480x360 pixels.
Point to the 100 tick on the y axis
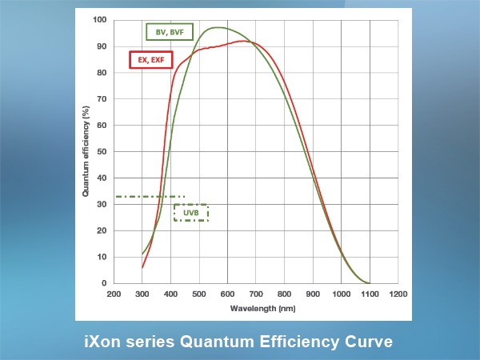point(100,20)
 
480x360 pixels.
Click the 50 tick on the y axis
point(102,151)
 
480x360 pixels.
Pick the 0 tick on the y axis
point(104,283)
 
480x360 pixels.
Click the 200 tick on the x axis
point(114,294)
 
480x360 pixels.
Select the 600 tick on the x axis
point(227,294)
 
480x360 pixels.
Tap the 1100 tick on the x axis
point(370,294)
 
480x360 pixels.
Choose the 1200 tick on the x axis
point(398,294)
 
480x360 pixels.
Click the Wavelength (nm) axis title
point(262,308)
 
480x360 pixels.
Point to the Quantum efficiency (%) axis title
point(86,151)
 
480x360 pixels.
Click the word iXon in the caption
point(102,342)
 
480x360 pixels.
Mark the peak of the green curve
point(218,27)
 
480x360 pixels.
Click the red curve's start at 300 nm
point(142,267)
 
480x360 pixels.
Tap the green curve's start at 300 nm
point(142,254)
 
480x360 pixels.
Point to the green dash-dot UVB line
point(150,197)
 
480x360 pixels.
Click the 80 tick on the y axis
point(102,73)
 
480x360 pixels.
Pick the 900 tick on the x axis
point(313,294)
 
